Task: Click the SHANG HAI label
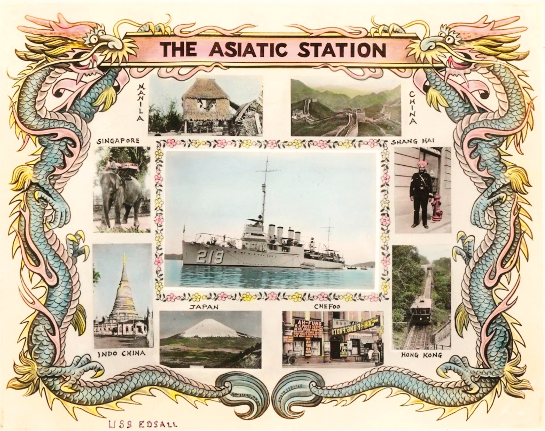tap(412, 141)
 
